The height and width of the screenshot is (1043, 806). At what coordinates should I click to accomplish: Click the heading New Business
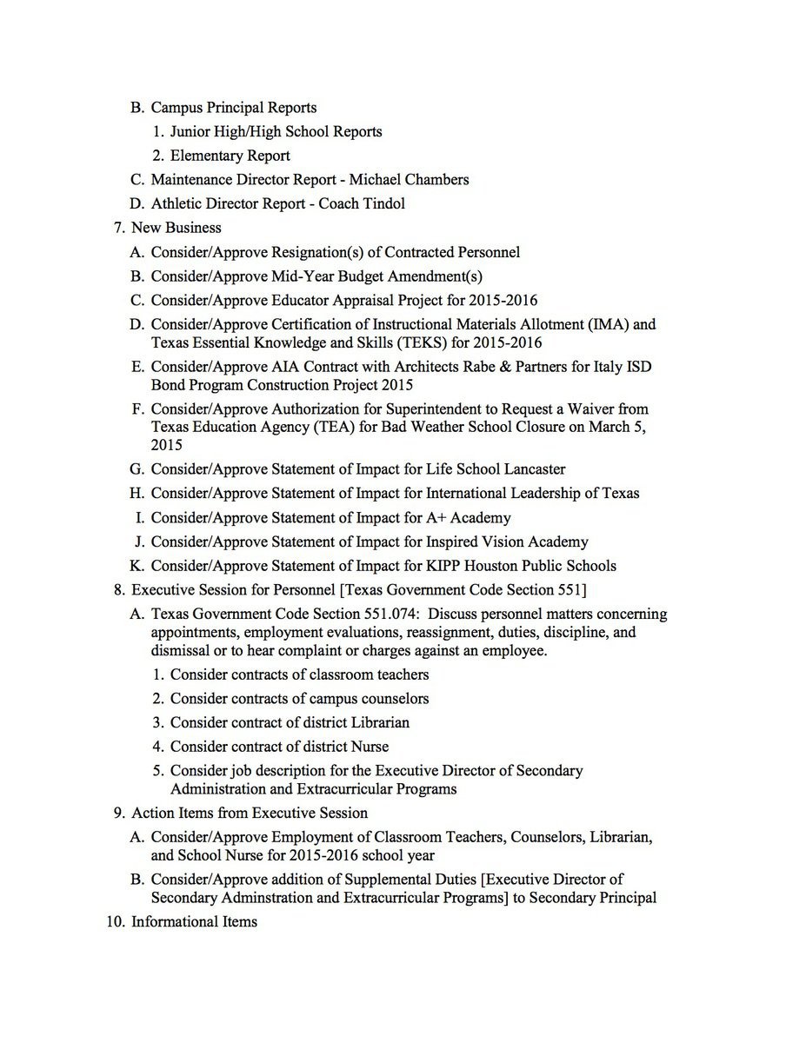[176, 228]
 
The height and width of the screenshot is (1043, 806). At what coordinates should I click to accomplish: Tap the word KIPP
[446, 566]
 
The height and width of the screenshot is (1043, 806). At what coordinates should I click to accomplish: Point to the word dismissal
[185, 650]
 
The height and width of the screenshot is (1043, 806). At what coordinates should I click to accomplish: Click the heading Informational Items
[194, 921]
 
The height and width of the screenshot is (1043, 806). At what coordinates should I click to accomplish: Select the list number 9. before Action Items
[119, 813]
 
